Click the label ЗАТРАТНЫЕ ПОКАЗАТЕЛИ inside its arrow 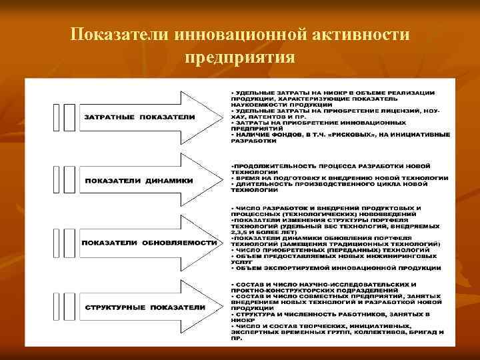(x=139, y=117)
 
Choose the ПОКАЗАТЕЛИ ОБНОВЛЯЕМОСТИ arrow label (x=150, y=242)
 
